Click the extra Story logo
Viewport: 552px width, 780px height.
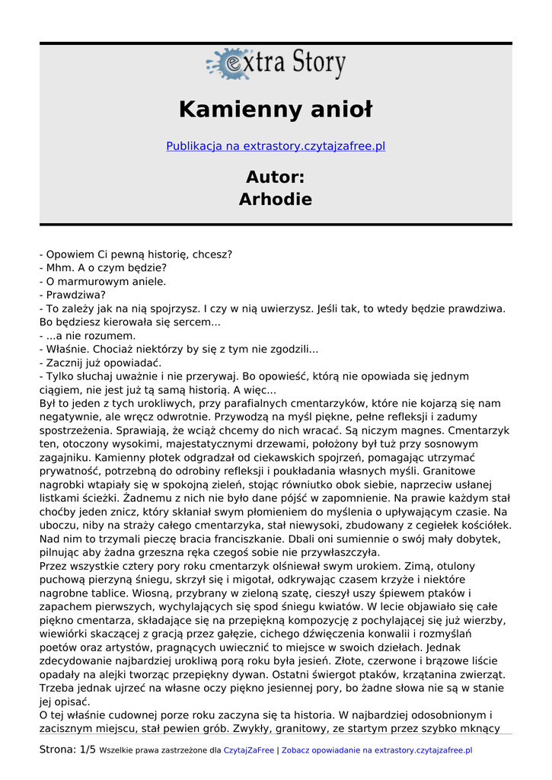coord(276,64)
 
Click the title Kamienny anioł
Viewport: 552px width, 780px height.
coord(276,110)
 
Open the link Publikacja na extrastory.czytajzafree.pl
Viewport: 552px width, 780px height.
coord(276,145)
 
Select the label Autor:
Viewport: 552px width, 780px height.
coord(276,177)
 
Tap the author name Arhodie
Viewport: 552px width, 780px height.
coord(276,200)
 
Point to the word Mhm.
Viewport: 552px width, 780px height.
coord(59,267)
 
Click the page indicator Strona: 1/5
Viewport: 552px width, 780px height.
coord(68,750)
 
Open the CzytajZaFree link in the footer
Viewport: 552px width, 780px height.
coord(249,750)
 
